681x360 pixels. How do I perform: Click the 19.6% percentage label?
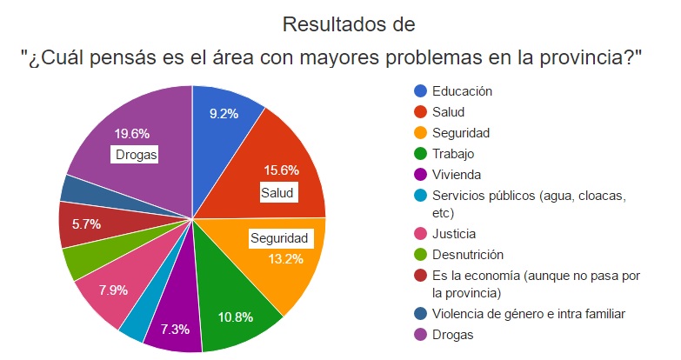point(132,134)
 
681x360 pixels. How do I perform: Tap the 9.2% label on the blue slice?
point(224,113)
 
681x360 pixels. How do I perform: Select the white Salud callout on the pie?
point(277,192)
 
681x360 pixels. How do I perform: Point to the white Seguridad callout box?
point(279,238)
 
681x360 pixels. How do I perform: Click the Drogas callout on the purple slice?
point(135,155)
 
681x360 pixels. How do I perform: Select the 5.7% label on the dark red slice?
point(86,223)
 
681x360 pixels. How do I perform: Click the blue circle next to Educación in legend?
point(421,90)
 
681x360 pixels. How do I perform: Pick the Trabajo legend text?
point(454,154)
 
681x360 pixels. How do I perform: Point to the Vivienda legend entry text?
point(456,175)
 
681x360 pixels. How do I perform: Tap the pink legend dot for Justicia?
point(421,234)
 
